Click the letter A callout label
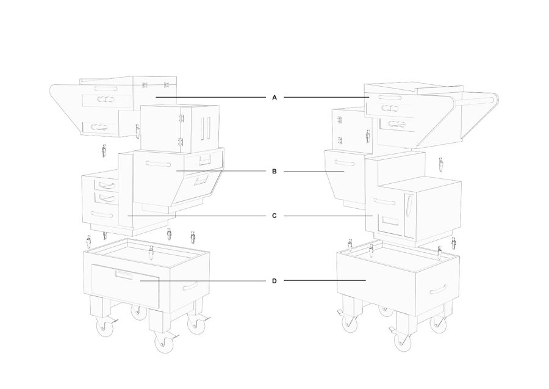click(x=274, y=98)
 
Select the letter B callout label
click(x=274, y=172)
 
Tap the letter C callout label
click(x=274, y=216)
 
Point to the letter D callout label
click(x=274, y=281)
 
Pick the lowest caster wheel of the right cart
click(x=403, y=342)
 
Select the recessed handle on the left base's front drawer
click(x=124, y=275)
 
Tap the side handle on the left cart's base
click(x=190, y=286)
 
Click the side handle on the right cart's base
click(x=438, y=290)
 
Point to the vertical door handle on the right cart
click(x=409, y=205)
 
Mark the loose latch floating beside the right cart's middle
click(x=441, y=164)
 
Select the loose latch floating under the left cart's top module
click(x=104, y=151)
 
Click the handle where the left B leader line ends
click(x=159, y=164)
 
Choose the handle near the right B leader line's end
click(x=344, y=163)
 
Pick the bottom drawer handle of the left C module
click(x=101, y=214)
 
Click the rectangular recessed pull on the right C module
click(x=390, y=220)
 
